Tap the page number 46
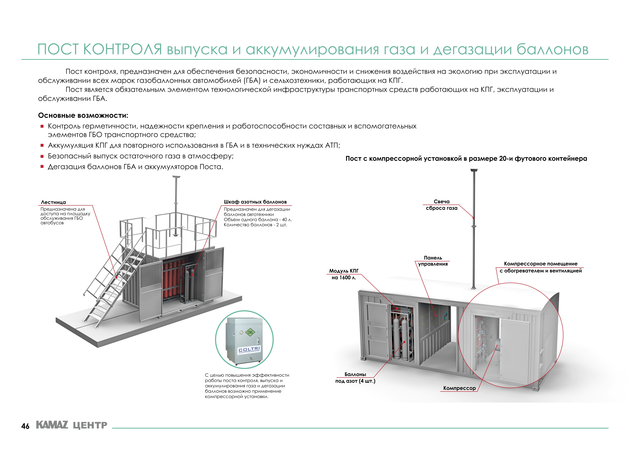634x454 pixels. point(25,426)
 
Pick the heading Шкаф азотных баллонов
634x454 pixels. point(255,202)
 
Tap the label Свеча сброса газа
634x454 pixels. point(441,205)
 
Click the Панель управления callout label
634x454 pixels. point(433,261)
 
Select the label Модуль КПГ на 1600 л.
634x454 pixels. point(344,274)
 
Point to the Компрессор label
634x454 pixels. point(459,388)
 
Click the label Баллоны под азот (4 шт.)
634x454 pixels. point(355,378)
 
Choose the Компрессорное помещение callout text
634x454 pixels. point(540,267)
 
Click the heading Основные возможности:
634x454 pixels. point(83,115)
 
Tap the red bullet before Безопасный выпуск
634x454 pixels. point(42,156)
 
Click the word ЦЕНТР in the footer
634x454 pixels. point(90,425)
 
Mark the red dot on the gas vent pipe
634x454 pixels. point(474,218)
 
